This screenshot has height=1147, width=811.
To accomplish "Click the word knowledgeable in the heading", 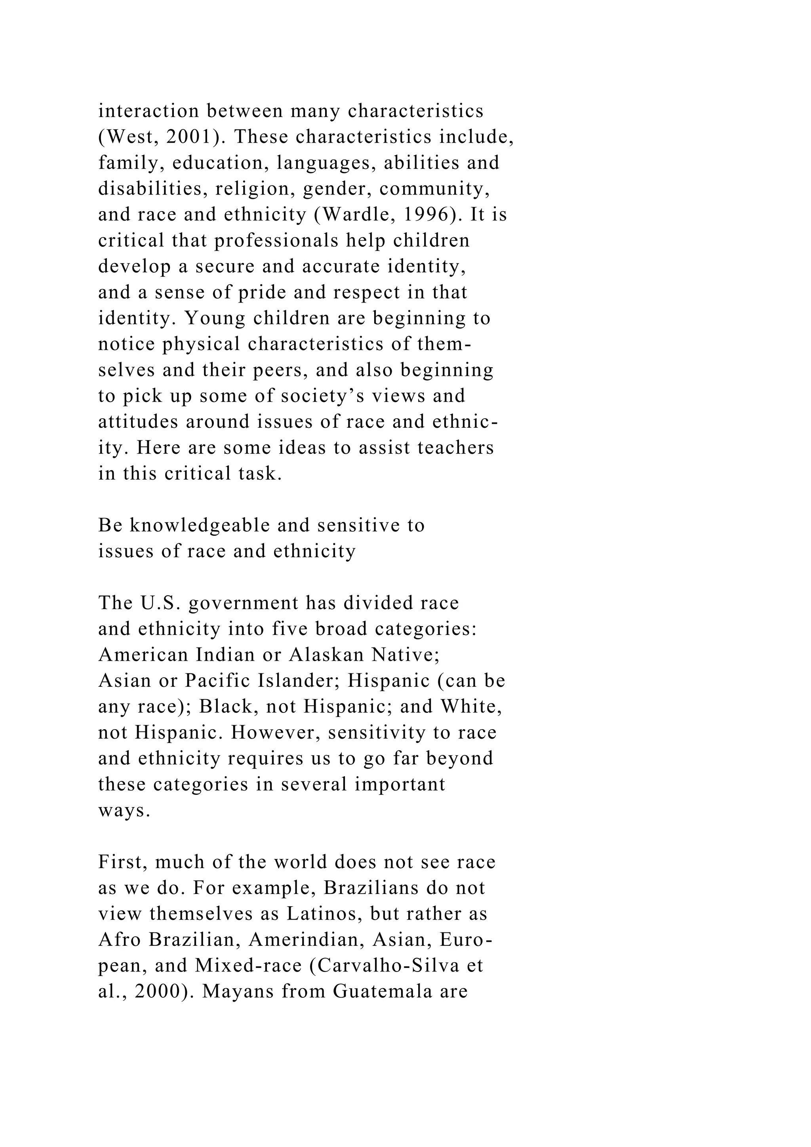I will coord(220,526).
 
